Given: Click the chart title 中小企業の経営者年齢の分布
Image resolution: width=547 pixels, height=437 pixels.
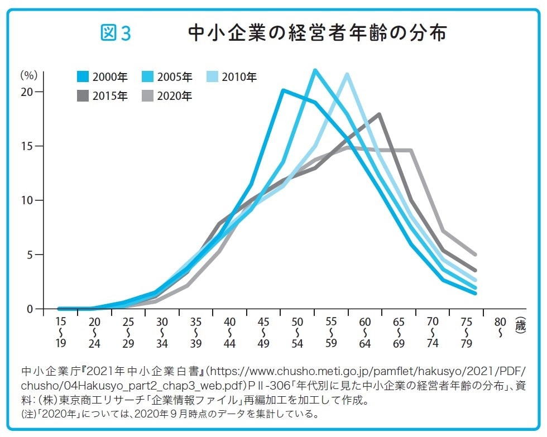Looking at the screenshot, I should coord(317,33).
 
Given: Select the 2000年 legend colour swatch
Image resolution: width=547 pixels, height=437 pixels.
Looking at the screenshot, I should coord(83,77).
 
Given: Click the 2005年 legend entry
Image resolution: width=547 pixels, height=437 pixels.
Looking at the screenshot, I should coord(167,77).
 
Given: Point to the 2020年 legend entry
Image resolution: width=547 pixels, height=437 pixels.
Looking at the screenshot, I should coord(167,96).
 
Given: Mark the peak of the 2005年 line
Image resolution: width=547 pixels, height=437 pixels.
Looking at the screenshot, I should coord(315,70).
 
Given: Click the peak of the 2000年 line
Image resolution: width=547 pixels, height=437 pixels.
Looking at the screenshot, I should coord(283,90).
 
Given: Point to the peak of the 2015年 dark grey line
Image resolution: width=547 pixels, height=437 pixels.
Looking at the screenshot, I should coord(380,114).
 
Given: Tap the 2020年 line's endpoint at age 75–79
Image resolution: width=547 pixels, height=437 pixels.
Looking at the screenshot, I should coord(475,254).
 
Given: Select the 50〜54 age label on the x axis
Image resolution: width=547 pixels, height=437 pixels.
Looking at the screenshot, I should coord(297,333).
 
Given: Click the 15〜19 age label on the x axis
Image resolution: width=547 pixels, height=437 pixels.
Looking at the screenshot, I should coord(61,333).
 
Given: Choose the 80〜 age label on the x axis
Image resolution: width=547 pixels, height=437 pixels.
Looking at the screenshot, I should coord(500,327).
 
